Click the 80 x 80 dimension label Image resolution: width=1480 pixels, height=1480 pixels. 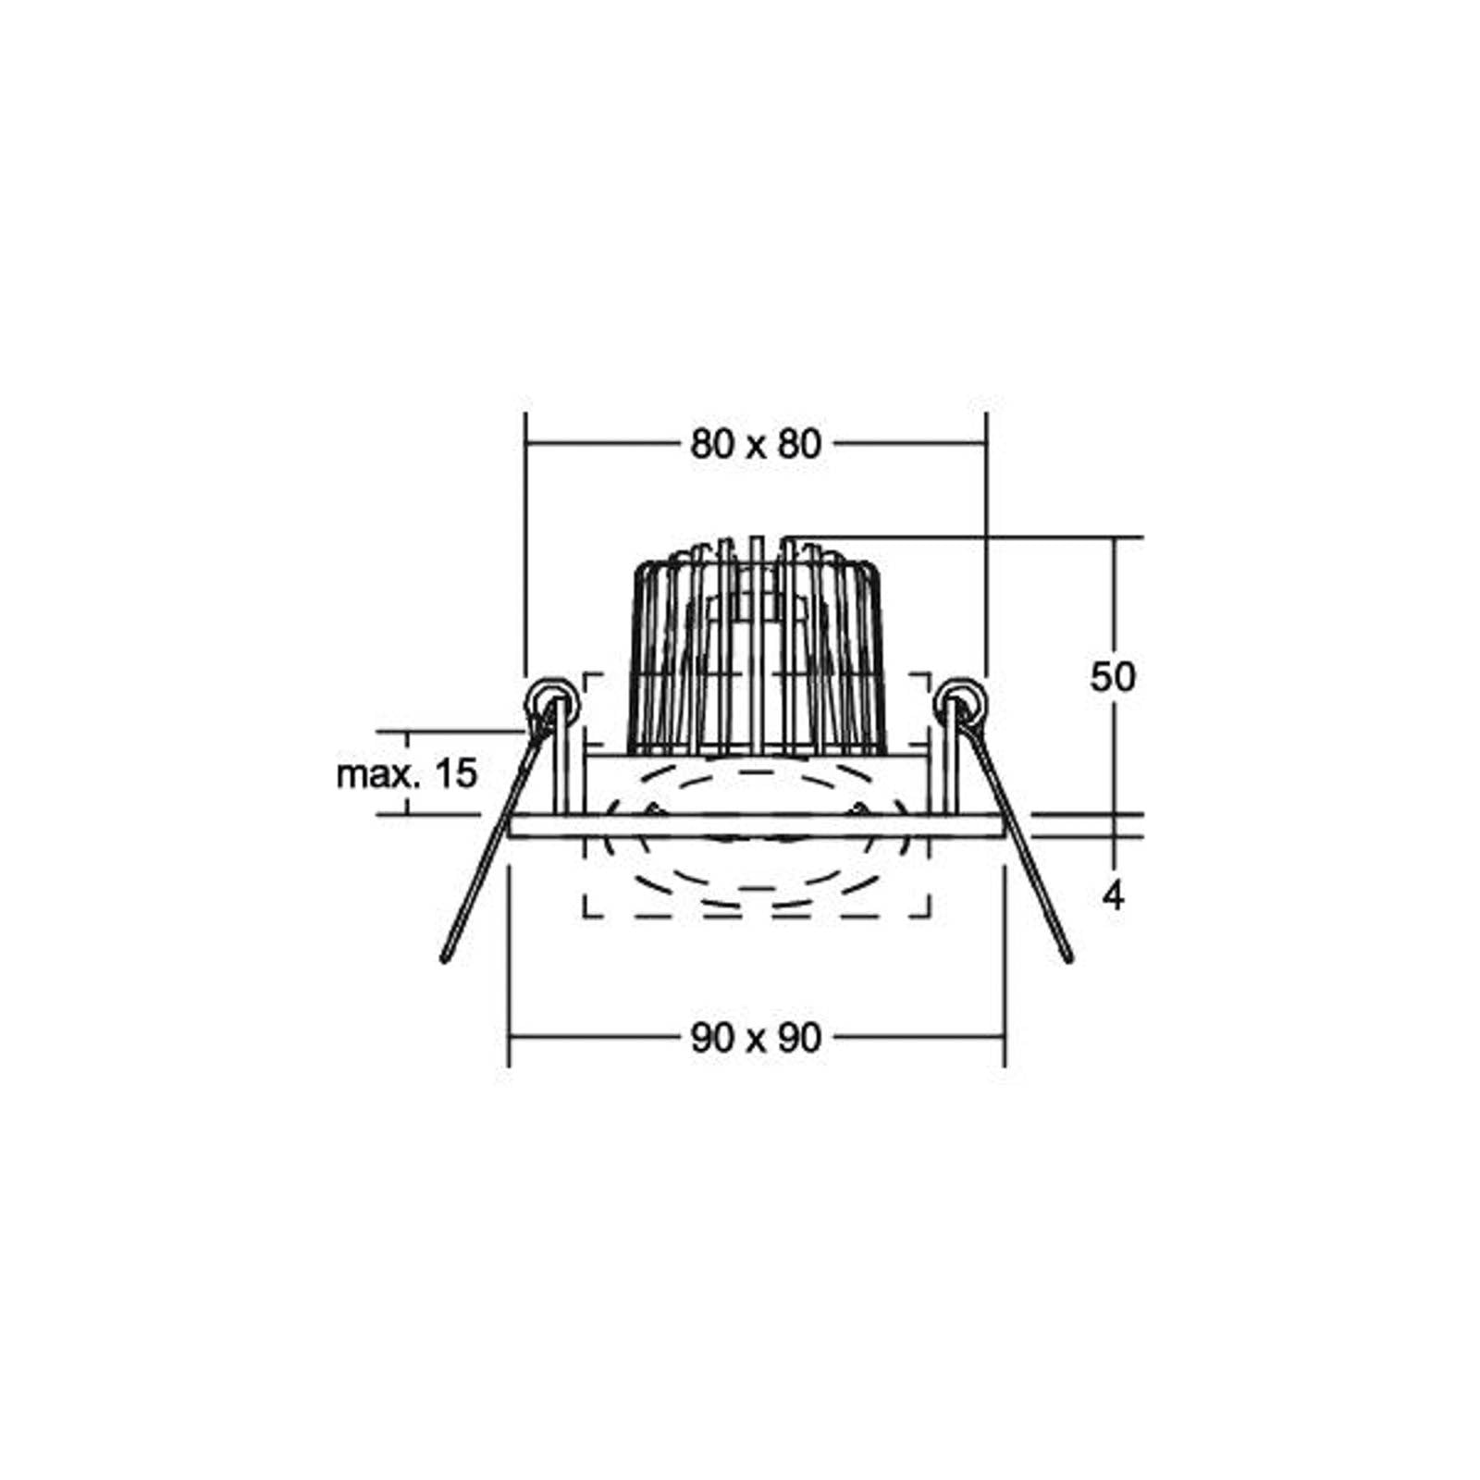[756, 445]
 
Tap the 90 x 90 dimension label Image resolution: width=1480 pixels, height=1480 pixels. [756, 1038]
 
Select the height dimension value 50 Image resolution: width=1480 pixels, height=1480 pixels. [1112, 677]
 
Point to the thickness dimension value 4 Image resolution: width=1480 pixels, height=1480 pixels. [1114, 895]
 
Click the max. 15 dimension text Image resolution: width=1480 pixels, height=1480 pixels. [407, 773]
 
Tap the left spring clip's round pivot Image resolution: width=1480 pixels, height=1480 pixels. [548, 703]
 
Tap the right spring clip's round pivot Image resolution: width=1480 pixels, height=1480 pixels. [962, 703]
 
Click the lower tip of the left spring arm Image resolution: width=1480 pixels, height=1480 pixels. [444, 959]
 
